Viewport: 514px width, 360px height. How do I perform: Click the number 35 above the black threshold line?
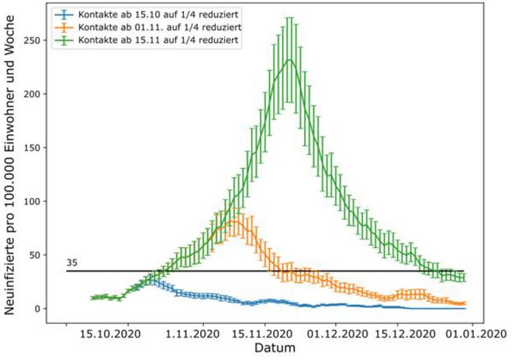72,263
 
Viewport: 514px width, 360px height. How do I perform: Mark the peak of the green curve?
289,59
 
